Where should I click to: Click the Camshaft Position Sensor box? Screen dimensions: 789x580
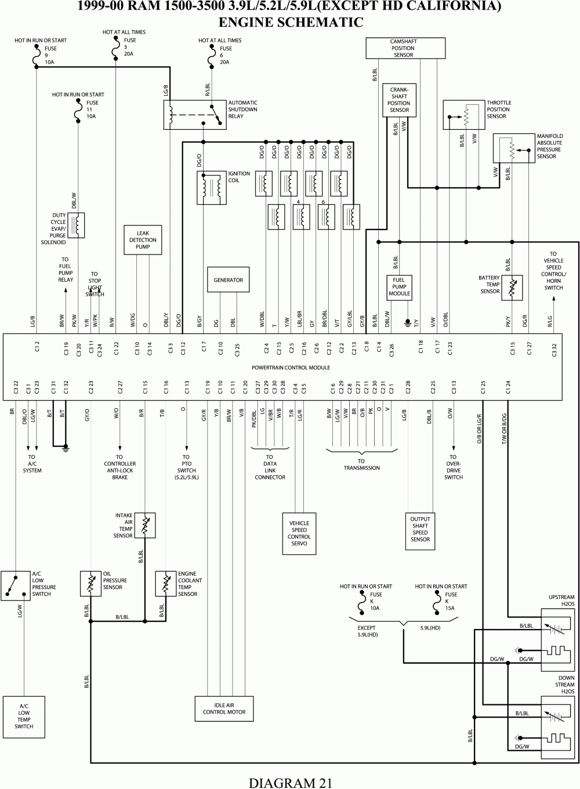(403, 49)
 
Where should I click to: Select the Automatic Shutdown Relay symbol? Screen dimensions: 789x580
(194, 114)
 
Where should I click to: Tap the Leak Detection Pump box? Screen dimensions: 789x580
(143, 240)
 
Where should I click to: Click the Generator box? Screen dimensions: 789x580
(229, 280)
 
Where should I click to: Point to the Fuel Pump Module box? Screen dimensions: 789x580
(399, 287)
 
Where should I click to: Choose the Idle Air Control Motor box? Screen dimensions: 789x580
(224, 708)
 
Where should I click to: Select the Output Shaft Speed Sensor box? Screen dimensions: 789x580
(420, 529)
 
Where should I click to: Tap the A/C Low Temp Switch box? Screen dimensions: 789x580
(24, 717)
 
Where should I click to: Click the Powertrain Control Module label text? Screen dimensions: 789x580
(291, 368)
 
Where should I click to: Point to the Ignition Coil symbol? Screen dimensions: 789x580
(212, 188)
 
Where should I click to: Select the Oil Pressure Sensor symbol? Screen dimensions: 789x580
(90, 583)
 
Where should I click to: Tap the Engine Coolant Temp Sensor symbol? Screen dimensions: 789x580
(166, 583)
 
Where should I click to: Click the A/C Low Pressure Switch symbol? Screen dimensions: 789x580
(15, 584)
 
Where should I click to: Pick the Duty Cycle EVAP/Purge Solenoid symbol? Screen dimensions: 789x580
(77, 225)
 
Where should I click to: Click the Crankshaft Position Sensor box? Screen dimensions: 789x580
(399, 100)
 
